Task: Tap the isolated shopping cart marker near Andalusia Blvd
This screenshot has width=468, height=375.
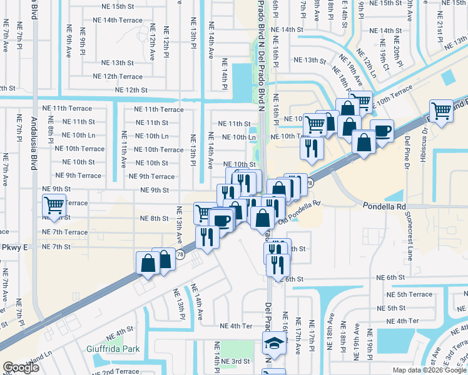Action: pos(54,204)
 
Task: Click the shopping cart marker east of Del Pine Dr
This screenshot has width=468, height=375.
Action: pos(442,111)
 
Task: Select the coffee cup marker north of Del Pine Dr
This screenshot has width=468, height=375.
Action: pos(382,130)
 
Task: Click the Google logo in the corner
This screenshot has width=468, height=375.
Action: pos(21,367)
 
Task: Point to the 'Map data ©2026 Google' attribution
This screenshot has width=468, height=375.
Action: pos(429,370)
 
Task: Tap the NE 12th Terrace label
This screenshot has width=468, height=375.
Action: pos(118,76)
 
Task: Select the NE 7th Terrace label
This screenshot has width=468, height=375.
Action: pos(65,232)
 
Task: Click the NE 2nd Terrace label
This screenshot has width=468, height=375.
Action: pos(117,371)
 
